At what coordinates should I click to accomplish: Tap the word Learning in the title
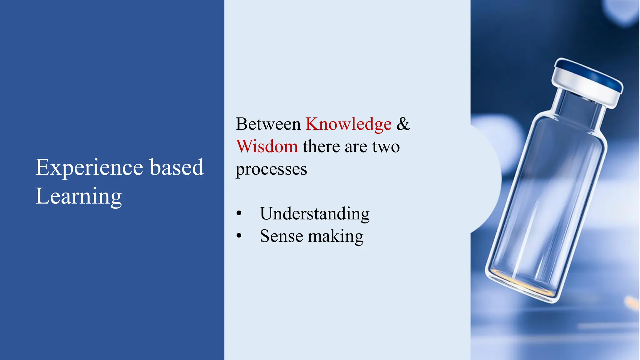coord(78,196)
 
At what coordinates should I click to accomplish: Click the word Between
coord(268,124)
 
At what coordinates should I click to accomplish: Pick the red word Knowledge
coord(348,124)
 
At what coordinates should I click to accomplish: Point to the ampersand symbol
coord(403,124)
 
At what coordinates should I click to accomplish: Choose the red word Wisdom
coord(267,146)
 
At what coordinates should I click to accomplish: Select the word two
coord(386,147)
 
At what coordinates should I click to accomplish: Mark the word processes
coord(271,169)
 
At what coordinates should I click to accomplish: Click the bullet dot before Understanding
coord(239,213)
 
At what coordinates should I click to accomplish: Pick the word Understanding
coord(315,214)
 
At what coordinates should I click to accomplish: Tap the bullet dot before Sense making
coord(239,236)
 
